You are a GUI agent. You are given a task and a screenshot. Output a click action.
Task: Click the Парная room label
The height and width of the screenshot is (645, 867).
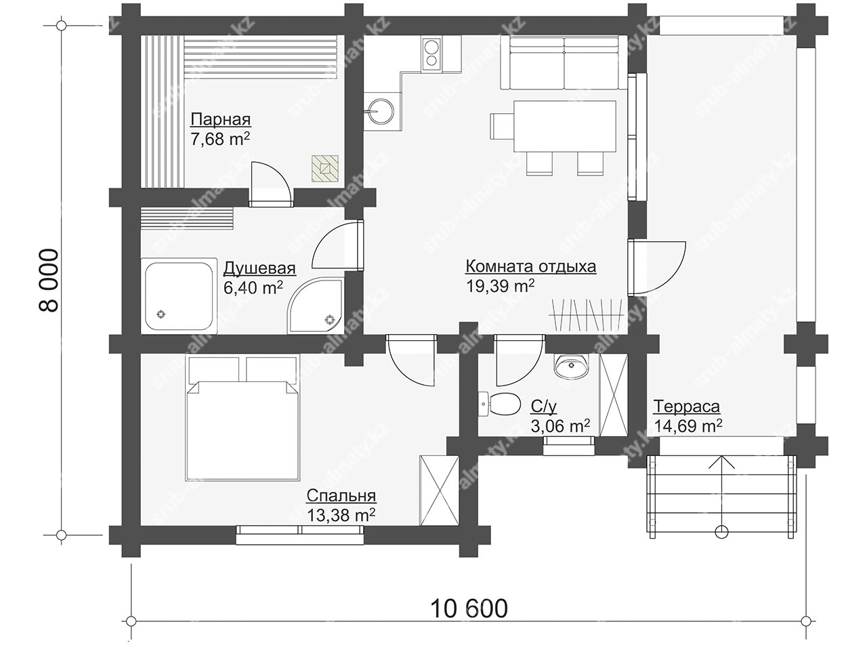(220, 120)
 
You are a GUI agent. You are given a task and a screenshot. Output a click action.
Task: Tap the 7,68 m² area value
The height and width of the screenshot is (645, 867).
(220, 139)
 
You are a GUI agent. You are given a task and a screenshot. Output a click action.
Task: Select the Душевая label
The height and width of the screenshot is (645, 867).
(259, 269)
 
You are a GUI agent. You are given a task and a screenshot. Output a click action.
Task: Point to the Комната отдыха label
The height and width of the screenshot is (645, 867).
(531, 267)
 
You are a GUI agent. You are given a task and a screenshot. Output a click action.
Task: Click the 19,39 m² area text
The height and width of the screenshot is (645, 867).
(500, 286)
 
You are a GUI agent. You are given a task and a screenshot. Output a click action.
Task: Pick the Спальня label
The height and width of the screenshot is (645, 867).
(341, 495)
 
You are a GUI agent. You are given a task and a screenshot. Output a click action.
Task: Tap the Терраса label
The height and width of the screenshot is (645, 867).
(686, 407)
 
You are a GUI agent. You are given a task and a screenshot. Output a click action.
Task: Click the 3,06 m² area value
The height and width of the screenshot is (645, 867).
(560, 425)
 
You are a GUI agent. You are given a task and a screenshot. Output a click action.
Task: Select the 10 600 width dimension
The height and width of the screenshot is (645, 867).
(469, 608)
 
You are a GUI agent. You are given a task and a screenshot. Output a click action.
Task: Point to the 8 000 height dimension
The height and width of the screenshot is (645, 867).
(49, 280)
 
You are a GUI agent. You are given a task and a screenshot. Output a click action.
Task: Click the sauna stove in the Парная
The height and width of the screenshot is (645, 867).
(325, 168)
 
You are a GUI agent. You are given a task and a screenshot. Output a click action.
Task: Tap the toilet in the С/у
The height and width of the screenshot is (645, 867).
(499, 404)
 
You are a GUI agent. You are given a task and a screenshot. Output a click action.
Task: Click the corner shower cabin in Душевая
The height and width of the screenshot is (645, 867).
(316, 306)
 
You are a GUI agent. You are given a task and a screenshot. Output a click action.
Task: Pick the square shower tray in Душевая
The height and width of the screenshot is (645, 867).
(179, 296)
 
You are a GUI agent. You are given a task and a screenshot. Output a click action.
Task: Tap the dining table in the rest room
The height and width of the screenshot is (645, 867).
(564, 127)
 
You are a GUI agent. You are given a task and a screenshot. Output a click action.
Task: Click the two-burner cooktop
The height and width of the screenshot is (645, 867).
(431, 54)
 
